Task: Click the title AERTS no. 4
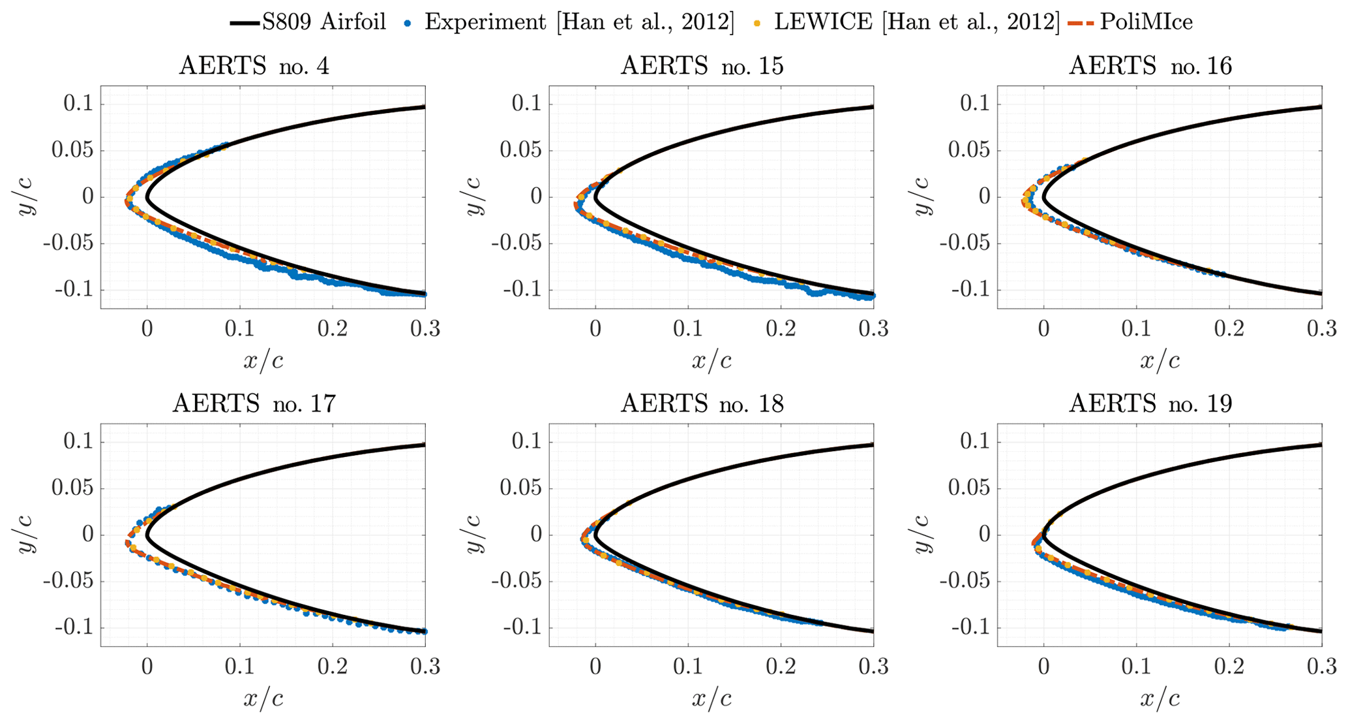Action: point(254,66)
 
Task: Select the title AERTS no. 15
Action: point(702,66)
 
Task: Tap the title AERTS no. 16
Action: point(1150,66)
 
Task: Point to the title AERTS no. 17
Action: point(254,404)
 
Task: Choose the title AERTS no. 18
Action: point(702,404)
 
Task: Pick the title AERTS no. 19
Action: point(1150,404)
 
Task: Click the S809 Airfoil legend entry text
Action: point(324,22)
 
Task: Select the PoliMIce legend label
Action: point(1146,22)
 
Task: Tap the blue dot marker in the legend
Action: point(408,23)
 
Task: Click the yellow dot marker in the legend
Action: point(757,23)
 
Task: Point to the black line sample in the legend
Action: point(245,23)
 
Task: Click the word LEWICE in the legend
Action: point(823,22)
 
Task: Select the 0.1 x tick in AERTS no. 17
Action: point(240,667)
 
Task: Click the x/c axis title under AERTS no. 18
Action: point(711,699)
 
